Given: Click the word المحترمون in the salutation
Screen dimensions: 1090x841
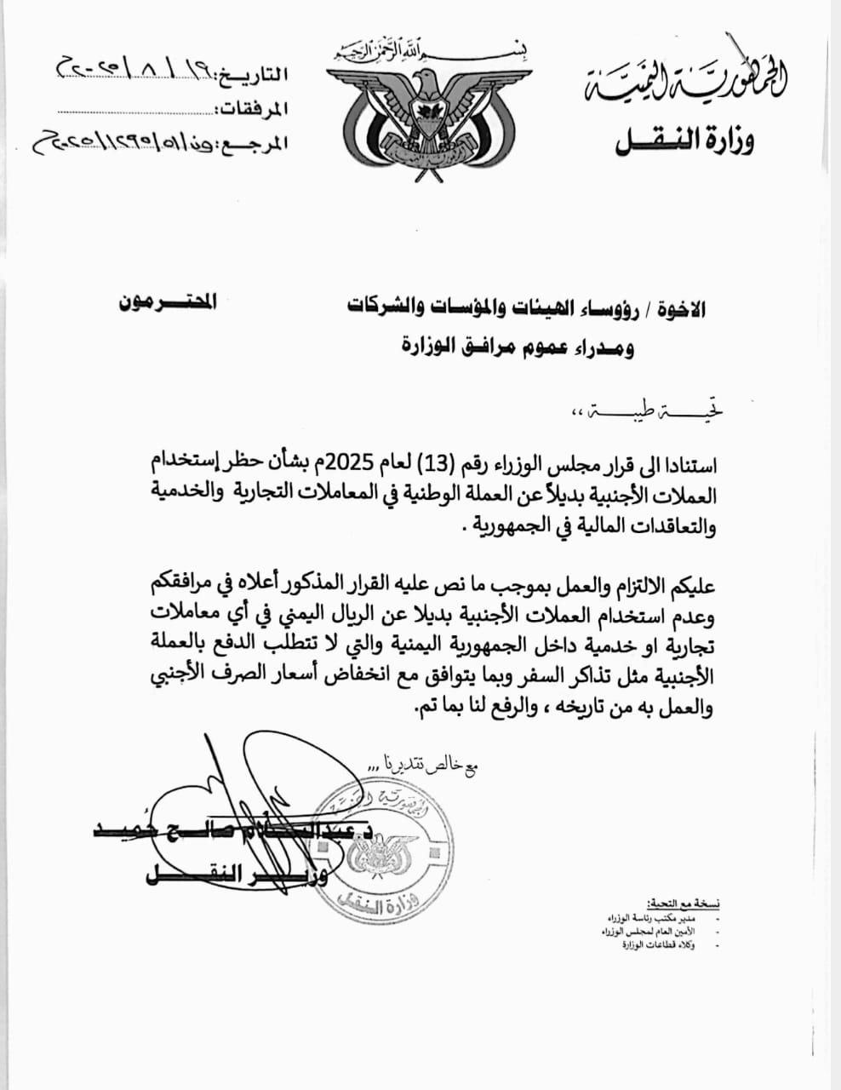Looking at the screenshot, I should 168,301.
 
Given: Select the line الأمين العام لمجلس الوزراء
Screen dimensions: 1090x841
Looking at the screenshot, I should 655,932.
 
